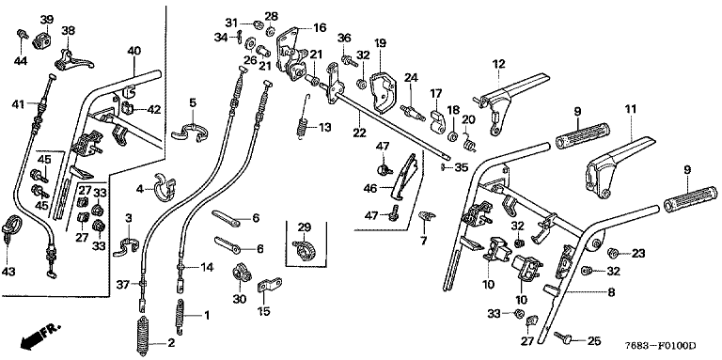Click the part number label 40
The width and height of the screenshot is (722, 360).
click(133, 51)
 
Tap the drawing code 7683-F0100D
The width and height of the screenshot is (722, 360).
click(660, 346)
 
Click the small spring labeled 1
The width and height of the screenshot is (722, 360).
click(180, 316)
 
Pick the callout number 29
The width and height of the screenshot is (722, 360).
click(305, 227)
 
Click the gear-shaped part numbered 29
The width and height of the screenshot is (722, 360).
click(304, 250)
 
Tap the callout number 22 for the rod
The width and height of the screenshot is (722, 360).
click(360, 133)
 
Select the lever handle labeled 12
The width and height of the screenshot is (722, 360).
click(511, 100)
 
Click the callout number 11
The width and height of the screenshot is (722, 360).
click(631, 109)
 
